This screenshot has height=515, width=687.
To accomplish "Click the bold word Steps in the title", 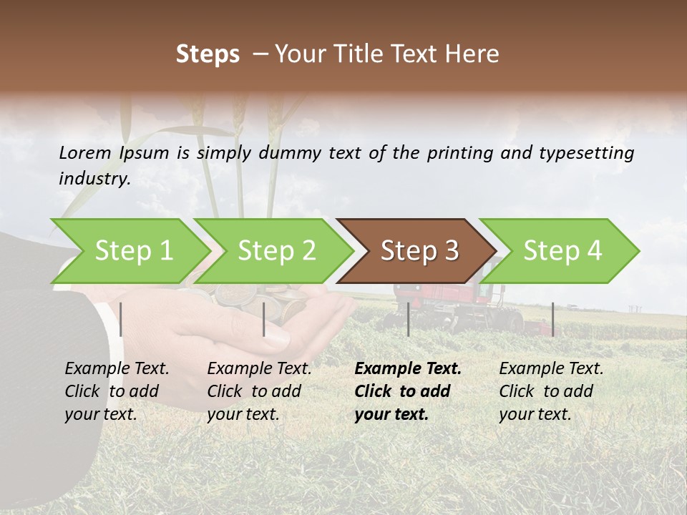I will click(x=208, y=54).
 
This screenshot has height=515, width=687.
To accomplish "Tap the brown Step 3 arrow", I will click(x=419, y=251).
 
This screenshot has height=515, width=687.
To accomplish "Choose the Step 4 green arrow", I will click(x=562, y=251).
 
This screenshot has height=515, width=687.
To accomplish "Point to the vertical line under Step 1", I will click(x=121, y=319).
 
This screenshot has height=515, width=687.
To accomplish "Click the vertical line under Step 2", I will click(x=264, y=319).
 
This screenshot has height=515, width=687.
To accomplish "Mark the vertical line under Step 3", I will click(x=408, y=319).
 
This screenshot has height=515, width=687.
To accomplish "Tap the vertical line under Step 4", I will click(x=552, y=319).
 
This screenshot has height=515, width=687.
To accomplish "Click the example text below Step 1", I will click(x=117, y=391).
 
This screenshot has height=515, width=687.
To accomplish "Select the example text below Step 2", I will click(x=259, y=391).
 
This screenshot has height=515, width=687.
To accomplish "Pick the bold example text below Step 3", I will click(x=407, y=391).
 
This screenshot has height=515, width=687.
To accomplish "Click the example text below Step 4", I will click(x=551, y=391).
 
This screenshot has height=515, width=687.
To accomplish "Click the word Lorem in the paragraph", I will click(x=85, y=153).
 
